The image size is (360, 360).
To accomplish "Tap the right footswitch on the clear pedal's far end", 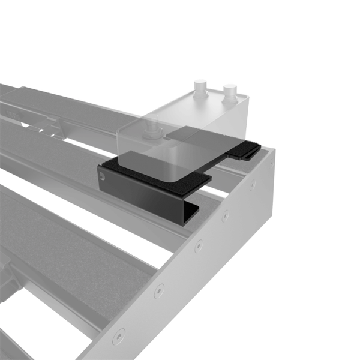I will [229, 92].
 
